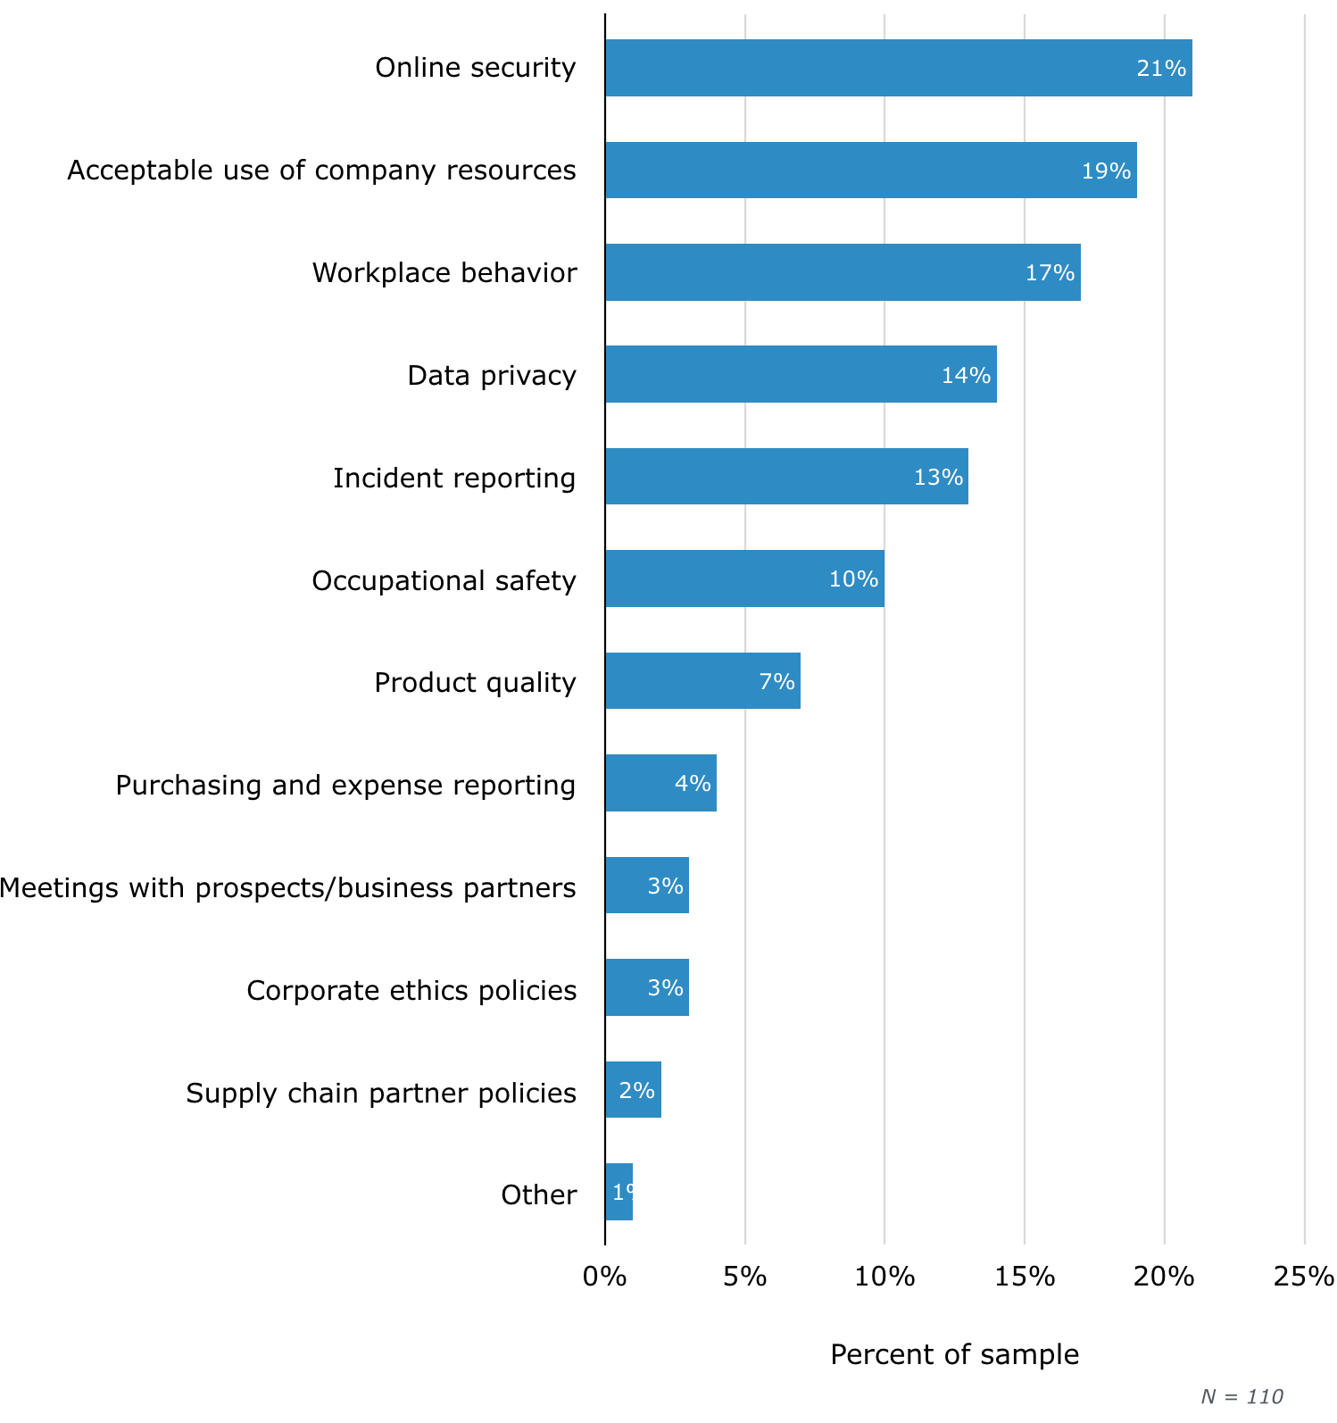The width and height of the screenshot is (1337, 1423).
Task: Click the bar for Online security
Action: pos(898,68)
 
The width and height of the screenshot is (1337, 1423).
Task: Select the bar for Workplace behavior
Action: pos(843,272)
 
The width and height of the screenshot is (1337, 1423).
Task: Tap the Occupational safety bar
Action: pos(744,578)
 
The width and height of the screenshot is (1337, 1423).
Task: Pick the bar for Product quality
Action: pos(702,681)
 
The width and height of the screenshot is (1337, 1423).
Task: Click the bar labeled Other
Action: pos(619,1192)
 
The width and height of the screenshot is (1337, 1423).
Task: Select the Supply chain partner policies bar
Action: pos(633,1090)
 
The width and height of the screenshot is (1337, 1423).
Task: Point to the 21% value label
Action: pos(1161,69)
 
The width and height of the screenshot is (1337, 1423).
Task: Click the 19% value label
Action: pos(1106,171)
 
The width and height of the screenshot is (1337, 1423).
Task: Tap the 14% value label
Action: pos(966,375)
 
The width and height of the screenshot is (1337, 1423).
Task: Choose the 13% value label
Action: pos(938,478)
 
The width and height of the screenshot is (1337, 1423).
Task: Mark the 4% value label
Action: pos(693,784)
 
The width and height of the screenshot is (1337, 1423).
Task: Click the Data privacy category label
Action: pos(492,376)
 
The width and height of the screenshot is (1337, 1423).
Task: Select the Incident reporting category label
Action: pos(454,478)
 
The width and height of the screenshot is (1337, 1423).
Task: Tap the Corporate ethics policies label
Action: pos(411,991)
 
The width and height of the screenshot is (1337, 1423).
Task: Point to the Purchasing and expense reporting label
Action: pos(345,786)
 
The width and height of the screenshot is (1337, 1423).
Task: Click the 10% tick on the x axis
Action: pos(884,1277)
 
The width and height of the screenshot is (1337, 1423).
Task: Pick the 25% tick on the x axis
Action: pos(1304,1277)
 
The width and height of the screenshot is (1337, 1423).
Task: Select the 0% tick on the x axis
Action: pos(605,1277)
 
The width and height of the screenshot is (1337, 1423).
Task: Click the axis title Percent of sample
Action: pos(954,1355)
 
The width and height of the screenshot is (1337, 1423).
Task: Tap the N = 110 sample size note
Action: pos(1241,1397)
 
